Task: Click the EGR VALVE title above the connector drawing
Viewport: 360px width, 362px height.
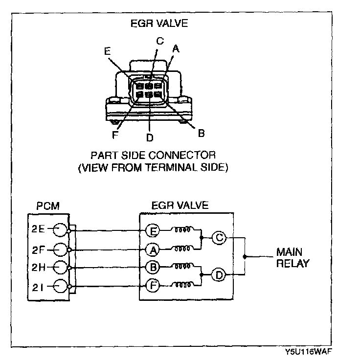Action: click(158, 23)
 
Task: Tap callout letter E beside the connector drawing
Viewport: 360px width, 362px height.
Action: click(108, 50)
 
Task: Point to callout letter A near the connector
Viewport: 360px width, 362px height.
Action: click(176, 48)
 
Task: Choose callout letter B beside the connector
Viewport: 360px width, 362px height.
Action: click(201, 133)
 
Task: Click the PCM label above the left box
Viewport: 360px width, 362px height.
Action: click(48, 205)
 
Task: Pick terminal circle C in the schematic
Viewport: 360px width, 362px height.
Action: click(219, 238)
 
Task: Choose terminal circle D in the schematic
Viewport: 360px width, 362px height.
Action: click(219, 275)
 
